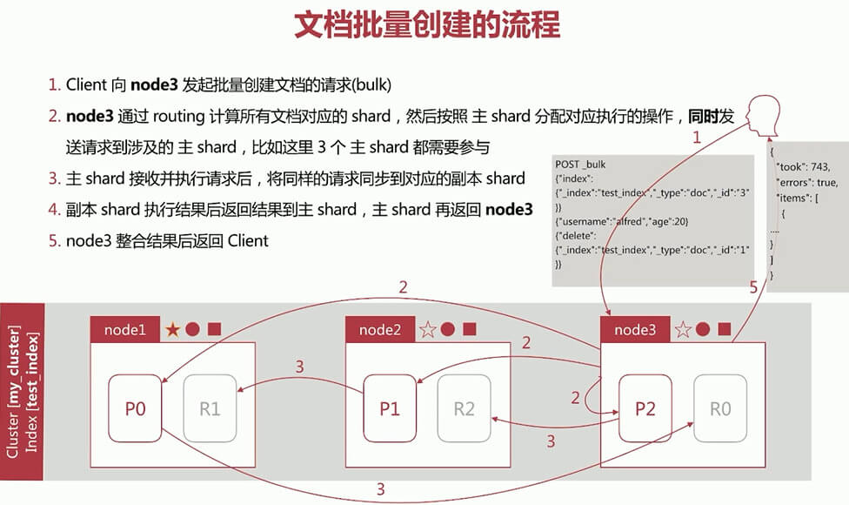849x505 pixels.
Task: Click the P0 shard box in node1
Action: [x=135, y=408]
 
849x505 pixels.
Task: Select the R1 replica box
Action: [x=210, y=408]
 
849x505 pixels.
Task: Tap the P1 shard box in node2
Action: [x=390, y=408]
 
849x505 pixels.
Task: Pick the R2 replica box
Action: [x=465, y=408]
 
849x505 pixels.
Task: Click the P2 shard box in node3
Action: [x=645, y=408]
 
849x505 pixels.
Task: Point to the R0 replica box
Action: [x=719, y=408]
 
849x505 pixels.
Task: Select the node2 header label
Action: [x=381, y=330]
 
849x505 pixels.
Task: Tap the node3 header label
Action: [x=636, y=330]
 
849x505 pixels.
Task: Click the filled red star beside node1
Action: [x=173, y=330]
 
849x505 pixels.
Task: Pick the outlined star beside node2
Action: [x=427, y=330]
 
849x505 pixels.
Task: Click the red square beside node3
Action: [x=725, y=330]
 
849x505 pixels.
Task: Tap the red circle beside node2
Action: [x=448, y=330]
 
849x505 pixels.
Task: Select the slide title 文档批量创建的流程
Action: [x=425, y=25]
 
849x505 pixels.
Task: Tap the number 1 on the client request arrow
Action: [x=696, y=137]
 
